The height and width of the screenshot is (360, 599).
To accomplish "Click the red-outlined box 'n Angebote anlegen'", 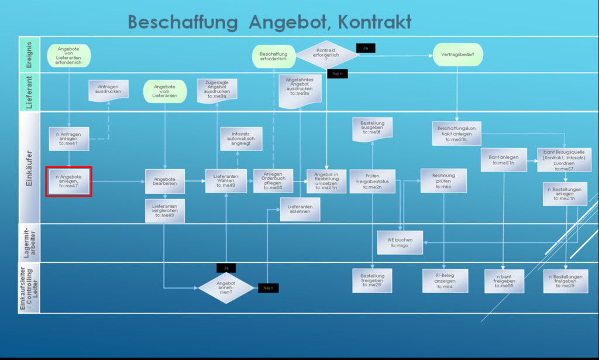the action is click(x=70, y=181).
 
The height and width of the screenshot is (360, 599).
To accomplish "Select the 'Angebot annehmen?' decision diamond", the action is click(x=226, y=287).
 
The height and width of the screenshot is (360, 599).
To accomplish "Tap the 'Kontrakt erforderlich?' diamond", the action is click(x=326, y=54).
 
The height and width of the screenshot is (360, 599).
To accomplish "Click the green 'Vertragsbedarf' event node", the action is click(x=458, y=55).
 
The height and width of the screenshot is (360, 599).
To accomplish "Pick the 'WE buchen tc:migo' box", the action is click(x=400, y=242).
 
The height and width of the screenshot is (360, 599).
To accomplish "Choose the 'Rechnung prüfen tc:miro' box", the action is click(x=443, y=180).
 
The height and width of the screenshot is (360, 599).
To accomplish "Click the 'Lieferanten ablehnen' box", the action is click(x=300, y=209).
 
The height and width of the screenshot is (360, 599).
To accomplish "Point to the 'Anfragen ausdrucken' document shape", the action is click(x=108, y=90).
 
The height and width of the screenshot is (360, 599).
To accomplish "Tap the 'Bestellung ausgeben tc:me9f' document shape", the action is click(x=372, y=128).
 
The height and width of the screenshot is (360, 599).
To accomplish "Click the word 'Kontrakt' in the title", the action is click(x=374, y=22).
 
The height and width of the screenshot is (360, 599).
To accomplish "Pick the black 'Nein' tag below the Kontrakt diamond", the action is click(x=338, y=74).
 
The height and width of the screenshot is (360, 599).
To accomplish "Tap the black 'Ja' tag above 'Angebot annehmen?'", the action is click(x=226, y=268).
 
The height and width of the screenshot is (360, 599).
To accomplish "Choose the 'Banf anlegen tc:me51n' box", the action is click(x=503, y=160).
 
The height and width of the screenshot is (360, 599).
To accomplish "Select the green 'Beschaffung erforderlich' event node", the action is click(x=274, y=56).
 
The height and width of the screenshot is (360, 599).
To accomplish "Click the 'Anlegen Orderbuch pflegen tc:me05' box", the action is click(x=273, y=181).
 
